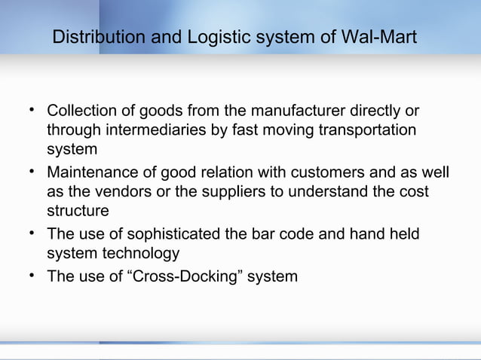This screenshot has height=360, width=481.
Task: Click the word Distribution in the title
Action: coord(90,37)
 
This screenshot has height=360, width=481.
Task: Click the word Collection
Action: coord(81,111)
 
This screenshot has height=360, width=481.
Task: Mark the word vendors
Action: coord(118,192)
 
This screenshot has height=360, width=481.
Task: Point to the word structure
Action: coord(78,210)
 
